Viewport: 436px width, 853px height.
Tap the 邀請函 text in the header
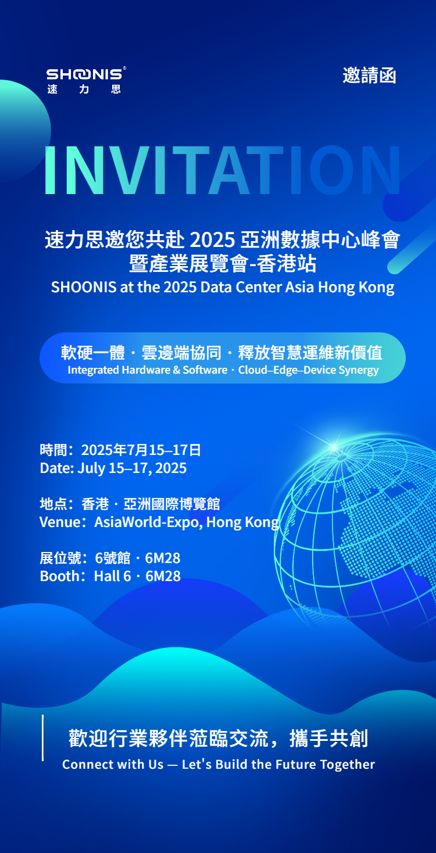pos(369,75)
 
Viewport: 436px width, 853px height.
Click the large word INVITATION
pos(222,170)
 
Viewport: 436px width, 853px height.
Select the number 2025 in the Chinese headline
pos(213,240)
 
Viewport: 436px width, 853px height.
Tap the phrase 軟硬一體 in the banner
pos(93,353)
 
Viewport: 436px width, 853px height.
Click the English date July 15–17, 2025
pos(132,468)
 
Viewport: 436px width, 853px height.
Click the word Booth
pos(58,576)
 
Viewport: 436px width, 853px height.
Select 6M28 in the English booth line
pos(163,576)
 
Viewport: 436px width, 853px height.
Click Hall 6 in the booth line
pos(112,576)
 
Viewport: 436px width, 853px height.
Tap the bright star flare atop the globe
pos(334,447)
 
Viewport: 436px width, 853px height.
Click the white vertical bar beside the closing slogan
pos(42,737)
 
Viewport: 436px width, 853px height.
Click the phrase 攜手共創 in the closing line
pos(328,739)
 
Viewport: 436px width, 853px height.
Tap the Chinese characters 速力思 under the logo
pos(84,89)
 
